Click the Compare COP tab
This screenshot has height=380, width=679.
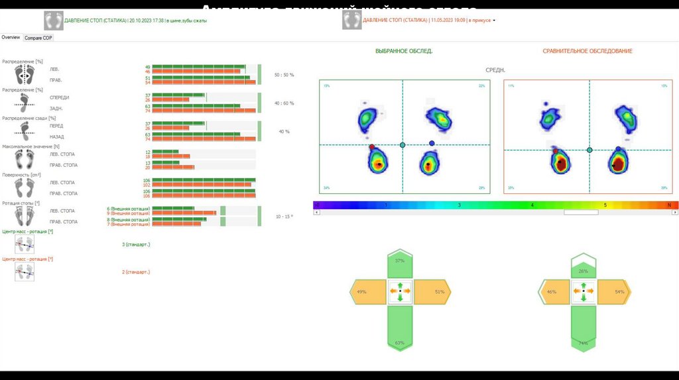[38, 38]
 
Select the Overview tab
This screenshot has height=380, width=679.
[11, 38]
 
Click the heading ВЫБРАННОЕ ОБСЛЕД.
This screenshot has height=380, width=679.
[403, 51]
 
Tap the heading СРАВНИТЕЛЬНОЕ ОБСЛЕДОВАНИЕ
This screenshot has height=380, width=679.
[587, 51]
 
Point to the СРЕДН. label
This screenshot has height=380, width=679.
[496, 70]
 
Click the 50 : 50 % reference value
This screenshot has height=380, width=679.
[284, 75]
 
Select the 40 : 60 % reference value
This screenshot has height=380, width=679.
[284, 103]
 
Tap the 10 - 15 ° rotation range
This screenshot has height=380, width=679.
[284, 216]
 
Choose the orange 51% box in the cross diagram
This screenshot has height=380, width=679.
[434, 291]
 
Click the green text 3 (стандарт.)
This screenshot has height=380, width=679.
[136, 244]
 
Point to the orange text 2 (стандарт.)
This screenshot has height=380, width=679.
[136, 272]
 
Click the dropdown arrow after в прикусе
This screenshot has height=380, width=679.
[494, 21]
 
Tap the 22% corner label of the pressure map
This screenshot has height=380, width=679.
[481, 86]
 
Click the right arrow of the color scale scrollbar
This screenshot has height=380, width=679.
[675, 213]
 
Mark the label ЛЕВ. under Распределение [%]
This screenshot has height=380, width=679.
[54, 69]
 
